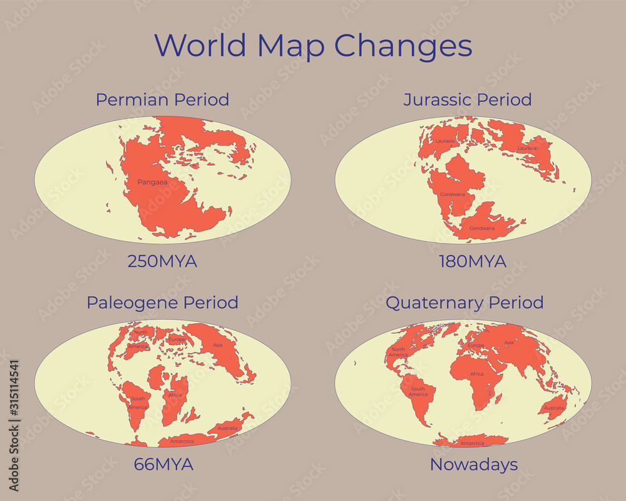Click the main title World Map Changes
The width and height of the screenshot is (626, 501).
point(313,46)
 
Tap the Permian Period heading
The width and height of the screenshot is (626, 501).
point(162,100)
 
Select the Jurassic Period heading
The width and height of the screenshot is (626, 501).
point(468,100)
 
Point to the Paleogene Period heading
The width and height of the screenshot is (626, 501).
point(162,302)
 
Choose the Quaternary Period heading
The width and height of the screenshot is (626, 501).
point(464,302)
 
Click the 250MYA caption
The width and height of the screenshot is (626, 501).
point(162,261)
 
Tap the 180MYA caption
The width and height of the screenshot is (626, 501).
point(472,261)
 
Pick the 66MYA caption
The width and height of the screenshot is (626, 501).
point(163,465)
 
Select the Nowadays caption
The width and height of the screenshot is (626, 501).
point(474,465)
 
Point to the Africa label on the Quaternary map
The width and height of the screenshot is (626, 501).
point(477,374)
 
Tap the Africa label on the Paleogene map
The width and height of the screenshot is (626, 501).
point(175,395)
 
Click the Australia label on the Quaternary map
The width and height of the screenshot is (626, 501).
point(553,408)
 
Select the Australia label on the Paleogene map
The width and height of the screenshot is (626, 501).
point(227,428)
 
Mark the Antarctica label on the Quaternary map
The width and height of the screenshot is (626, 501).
point(473,443)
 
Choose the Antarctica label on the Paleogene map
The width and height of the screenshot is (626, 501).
point(182,442)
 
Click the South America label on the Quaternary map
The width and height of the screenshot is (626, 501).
point(418,391)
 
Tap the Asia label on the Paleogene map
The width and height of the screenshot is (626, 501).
point(218,345)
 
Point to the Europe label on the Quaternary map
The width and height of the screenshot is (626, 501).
point(476,346)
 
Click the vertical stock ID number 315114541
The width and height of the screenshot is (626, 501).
point(14,425)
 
